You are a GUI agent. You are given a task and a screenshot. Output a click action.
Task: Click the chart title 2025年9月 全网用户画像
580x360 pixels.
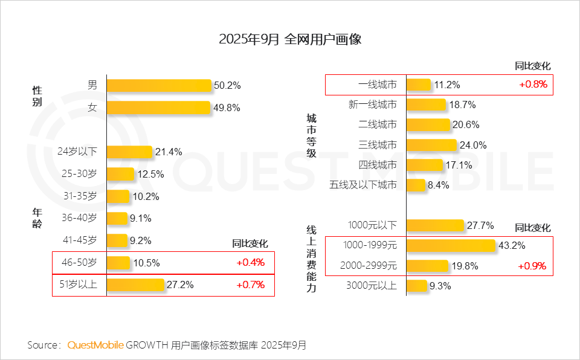(290, 40)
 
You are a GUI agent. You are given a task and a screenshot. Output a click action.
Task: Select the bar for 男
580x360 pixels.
(159, 85)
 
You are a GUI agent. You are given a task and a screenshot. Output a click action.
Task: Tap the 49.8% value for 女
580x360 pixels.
(227, 108)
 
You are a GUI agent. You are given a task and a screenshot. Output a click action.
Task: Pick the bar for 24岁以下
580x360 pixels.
(129, 152)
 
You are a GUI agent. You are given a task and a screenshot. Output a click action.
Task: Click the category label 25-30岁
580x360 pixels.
(79, 174)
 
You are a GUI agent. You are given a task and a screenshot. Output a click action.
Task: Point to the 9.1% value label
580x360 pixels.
(140, 218)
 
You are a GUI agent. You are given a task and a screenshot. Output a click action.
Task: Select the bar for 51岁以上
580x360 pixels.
(135, 284)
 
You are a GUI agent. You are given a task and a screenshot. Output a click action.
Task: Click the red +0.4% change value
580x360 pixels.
(250, 263)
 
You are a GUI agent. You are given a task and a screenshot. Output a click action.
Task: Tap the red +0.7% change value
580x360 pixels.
(250, 285)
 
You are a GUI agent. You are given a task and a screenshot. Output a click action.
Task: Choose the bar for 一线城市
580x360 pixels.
(419, 85)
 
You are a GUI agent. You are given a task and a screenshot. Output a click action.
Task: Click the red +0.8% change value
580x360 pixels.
(533, 85)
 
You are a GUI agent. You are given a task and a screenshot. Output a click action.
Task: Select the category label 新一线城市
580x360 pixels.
(373, 105)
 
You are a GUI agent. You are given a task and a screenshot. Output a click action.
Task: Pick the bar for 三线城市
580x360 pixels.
(431, 145)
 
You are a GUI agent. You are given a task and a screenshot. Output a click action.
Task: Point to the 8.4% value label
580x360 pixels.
(438, 185)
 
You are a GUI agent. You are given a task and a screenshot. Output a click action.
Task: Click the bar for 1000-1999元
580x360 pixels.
(451, 245)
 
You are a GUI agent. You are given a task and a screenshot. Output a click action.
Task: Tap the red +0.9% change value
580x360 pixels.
(532, 266)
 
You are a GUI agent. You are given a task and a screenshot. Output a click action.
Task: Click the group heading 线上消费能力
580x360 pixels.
(311, 259)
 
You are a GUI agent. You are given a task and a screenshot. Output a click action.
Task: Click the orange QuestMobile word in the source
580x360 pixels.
(95, 346)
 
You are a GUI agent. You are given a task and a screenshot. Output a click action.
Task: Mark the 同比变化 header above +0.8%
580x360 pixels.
(532, 66)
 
